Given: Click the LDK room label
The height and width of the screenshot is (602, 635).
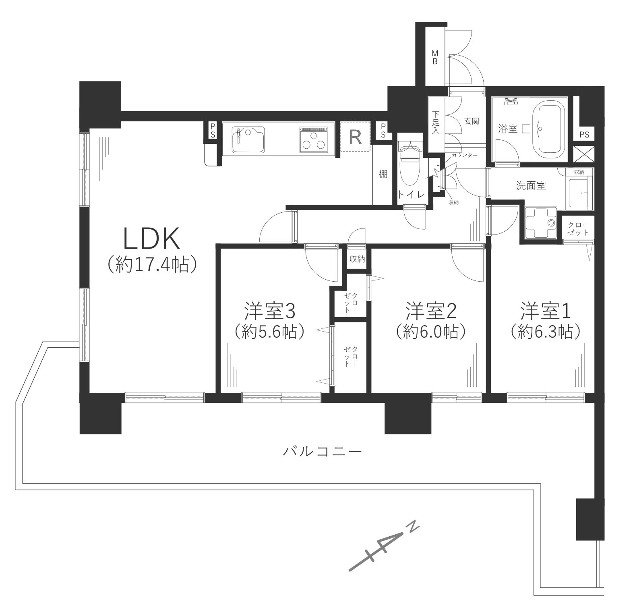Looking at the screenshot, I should (151, 239).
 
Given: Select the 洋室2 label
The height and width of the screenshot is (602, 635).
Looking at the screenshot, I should (430, 311).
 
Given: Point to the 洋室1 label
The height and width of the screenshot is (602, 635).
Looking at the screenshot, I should (546, 311).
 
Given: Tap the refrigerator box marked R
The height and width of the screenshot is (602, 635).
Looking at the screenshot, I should (355, 137).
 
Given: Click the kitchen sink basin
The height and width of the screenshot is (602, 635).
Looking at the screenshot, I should (248, 139).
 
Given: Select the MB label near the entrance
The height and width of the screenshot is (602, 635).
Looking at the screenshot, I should (435, 57).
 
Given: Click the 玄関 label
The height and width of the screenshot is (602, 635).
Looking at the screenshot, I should (471, 121).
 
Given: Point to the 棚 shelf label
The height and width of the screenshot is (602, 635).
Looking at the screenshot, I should (383, 174).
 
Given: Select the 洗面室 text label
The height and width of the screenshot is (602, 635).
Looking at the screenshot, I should (531, 186).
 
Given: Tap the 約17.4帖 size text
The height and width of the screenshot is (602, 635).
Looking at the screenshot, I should (151, 264).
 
